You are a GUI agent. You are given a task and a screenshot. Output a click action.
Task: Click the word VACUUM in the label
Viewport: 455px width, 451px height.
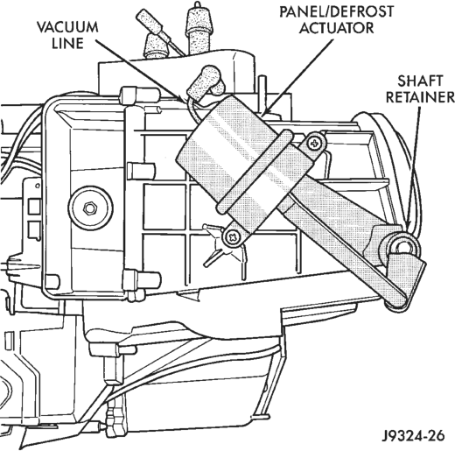[67, 27]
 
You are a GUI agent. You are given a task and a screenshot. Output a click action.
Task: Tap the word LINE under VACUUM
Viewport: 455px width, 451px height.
[67, 43]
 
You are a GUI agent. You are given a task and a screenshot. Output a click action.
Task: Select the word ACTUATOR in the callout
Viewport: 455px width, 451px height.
[337, 28]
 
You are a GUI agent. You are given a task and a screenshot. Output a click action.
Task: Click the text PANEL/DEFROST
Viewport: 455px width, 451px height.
[337, 11]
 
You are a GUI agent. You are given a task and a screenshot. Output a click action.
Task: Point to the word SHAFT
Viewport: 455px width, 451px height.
[420, 81]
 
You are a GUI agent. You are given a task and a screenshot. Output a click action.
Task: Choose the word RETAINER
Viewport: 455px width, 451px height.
[420, 97]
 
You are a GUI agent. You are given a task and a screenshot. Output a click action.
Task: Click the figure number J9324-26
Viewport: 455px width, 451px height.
[414, 436]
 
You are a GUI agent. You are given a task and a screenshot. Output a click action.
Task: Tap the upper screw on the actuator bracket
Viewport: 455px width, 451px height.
[315, 144]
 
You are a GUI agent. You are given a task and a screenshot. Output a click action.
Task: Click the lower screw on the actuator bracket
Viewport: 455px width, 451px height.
[233, 236]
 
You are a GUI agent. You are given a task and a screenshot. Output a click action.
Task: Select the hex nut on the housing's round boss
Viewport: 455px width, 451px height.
[90, 208]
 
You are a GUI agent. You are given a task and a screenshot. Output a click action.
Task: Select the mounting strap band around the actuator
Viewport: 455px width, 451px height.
[255, 173]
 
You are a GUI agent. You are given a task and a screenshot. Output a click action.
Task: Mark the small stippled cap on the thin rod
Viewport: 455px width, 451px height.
[150, 22]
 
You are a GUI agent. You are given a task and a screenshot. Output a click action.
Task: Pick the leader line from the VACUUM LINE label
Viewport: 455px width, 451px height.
[140, 71]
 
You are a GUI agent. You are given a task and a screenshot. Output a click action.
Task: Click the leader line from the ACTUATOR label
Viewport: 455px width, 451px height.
[299, 76]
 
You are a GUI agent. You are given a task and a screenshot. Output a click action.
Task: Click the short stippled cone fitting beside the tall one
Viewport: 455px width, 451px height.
[156, 46]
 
